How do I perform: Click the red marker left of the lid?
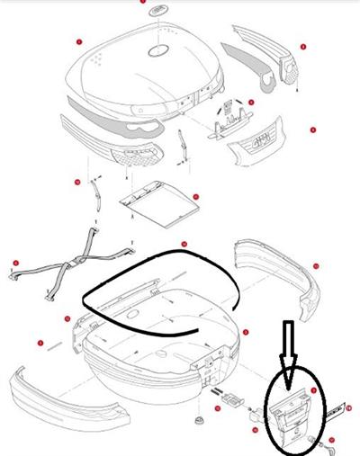coord(79,41)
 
